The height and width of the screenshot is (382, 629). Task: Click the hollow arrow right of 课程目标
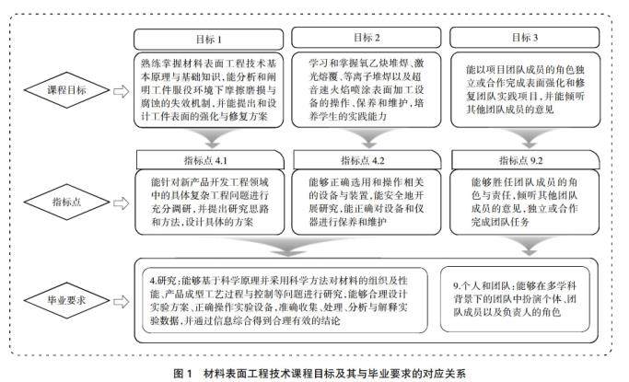tap(120, 91)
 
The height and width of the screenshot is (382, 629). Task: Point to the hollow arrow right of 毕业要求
tap(120, 298)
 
